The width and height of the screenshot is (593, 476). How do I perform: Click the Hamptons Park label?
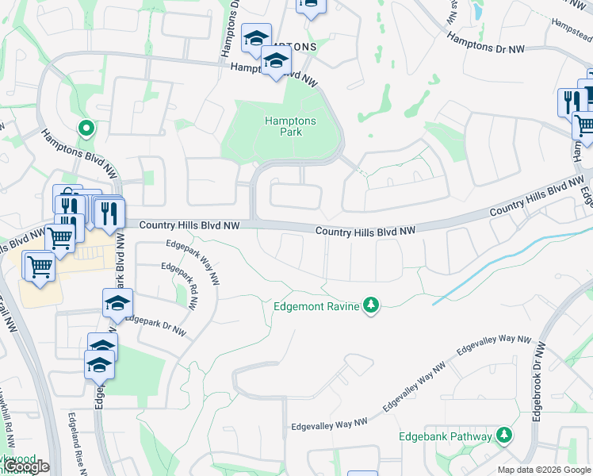289,126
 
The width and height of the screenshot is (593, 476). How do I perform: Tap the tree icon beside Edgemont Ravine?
370,305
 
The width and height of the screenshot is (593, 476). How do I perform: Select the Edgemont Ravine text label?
316,305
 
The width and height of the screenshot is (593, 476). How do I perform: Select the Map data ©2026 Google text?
544,470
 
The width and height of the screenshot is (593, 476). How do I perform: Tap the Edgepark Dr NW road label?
155,326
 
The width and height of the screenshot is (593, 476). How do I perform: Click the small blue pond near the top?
476,11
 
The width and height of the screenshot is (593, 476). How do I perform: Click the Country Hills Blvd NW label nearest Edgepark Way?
189,226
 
